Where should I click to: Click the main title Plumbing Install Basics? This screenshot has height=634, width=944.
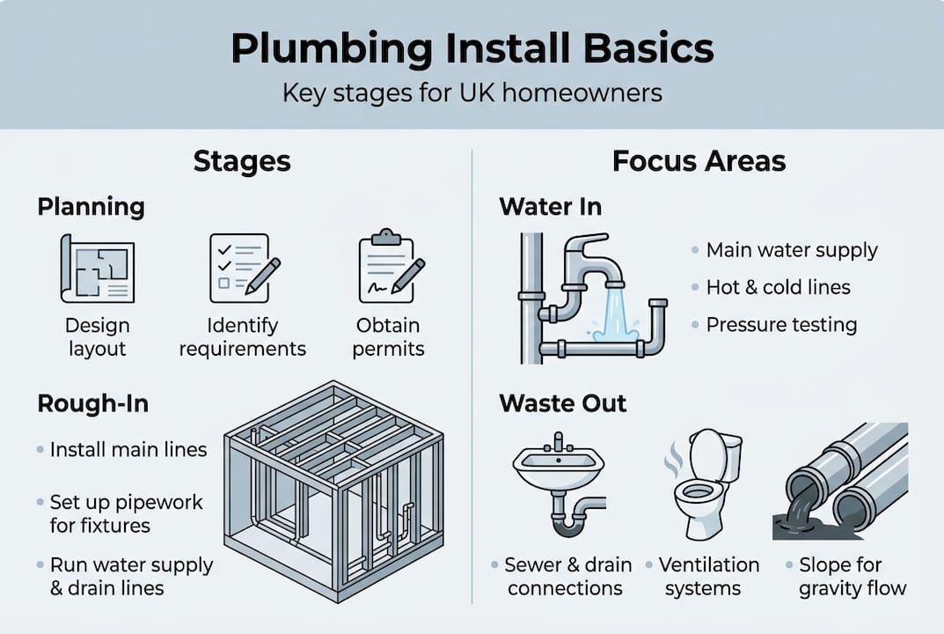tap(472, 49)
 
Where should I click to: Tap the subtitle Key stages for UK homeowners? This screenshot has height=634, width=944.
tap(472, 92)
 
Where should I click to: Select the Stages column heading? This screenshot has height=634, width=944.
tap(242, 162)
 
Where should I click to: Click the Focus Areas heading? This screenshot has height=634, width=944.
tap(699, 162)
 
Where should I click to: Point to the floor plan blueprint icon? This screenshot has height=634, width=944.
tap(97, 269)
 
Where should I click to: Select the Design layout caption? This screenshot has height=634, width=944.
tap(97, 337)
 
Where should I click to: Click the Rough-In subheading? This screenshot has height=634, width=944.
tap(92, 403)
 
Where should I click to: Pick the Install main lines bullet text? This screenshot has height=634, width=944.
tap(128, 450)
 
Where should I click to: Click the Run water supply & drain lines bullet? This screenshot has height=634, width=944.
tap(131, 577)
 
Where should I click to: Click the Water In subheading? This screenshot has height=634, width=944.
tap(550, 207)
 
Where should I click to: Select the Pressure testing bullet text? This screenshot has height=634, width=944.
tap(781, 325)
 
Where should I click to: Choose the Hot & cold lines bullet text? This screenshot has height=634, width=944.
tap(778, 287)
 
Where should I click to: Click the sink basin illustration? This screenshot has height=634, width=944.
tap(558, 466)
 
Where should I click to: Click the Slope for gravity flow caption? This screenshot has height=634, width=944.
tap(852, 577)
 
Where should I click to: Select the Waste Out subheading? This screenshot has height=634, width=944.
tap(563, 403)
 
